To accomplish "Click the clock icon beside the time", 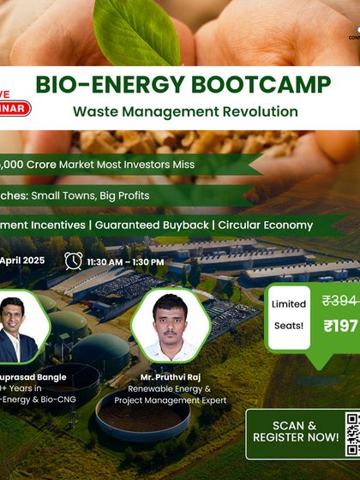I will click(x=74, y=261).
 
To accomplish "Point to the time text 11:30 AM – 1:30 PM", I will click(x=125, y=261).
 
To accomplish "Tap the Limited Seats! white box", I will click(x=289, y=318).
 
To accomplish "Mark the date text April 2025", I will click(x=22, y=261).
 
